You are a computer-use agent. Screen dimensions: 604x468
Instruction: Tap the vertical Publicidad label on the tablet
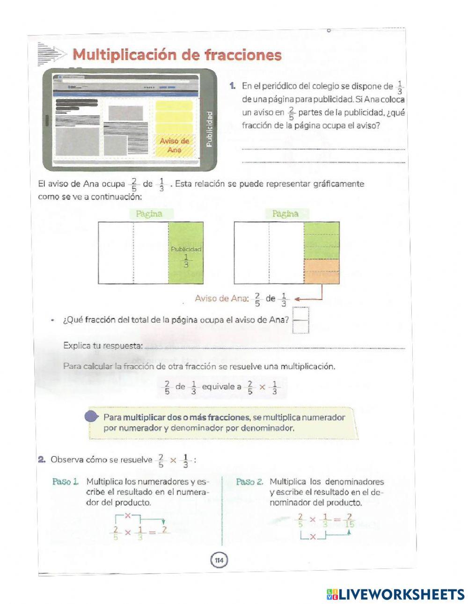point(209,129)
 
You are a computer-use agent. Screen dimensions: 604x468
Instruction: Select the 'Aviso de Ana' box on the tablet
point(174,145)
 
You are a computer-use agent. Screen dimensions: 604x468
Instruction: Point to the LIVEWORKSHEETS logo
point(395,594)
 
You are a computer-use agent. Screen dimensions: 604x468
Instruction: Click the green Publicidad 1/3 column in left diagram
point(186,253)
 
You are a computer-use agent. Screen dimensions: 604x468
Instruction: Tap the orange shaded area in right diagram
point(322,271)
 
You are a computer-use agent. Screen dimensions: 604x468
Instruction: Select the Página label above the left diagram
point(149,214)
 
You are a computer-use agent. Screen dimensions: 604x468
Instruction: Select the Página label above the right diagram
point(285,214)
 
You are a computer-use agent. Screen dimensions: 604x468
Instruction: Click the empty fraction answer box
point(301,320)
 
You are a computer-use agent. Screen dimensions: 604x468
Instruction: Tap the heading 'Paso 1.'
point(65,481)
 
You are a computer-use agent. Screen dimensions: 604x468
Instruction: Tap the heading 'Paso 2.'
point(249,481)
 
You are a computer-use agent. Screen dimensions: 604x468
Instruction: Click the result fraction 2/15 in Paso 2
point(348,520)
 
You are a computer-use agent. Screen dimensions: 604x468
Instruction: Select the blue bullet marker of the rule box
point(92,416)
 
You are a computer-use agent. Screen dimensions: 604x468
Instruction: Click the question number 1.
point(232,86)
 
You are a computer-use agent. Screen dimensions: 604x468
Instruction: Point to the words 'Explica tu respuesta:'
point(102,346)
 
